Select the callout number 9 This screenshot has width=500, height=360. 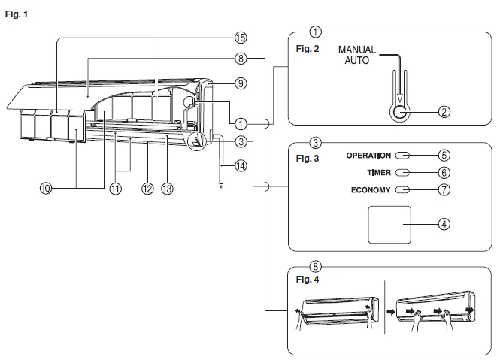click(x=240, y=83)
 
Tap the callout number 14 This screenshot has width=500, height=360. click(x=240, y=167)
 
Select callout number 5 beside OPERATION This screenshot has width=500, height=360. click(x=444, y=156)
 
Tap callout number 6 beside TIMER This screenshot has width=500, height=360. click(x=444, y=172)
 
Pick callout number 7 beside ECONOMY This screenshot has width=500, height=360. click(x=444, y=189)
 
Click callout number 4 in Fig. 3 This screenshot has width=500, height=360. click(x=444, y=224)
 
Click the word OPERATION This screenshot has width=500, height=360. click(x=368, y=156)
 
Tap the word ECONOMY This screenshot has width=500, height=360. click(x=371, y=190)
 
